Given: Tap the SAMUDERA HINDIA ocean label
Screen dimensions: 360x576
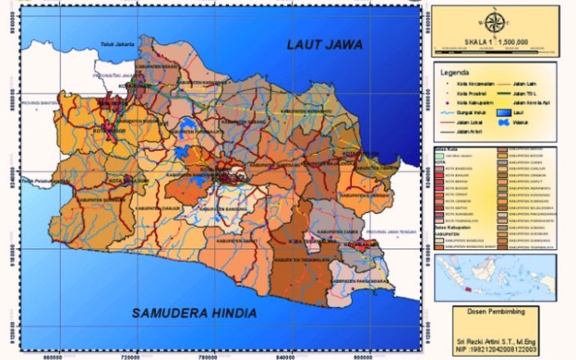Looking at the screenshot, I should point(194,313).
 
